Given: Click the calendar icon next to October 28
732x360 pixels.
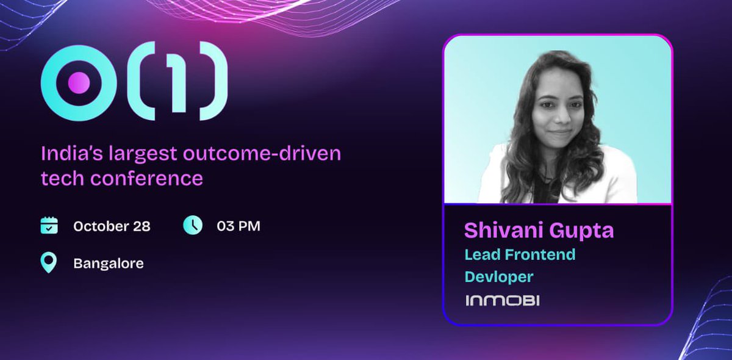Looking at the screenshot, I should coord(49,225).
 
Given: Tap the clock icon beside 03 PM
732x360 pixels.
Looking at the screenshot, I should coord(192,225).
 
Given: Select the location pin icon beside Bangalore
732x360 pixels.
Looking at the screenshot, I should coord(49,264).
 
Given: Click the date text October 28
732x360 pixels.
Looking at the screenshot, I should coord(112,226).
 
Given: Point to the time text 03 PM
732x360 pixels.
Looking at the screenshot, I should coord(239,226).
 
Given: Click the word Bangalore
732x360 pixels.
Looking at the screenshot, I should coord(109,264).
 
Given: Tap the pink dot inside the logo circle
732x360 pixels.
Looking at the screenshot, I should coord(78,83).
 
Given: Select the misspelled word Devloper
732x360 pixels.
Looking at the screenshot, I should coord(499,276).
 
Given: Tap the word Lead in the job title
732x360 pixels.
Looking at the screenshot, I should coord(481,254).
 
